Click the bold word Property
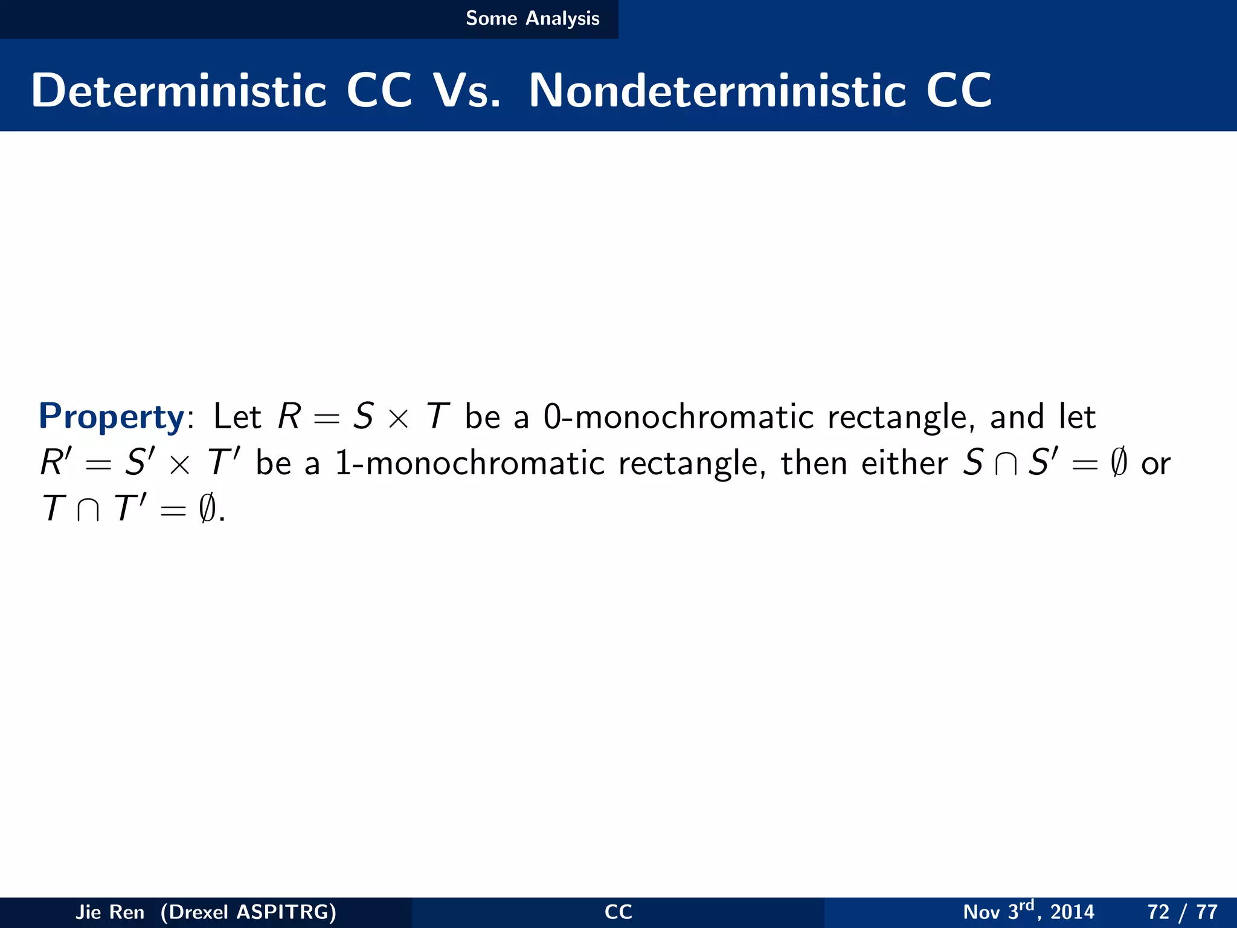(x=111, y=417)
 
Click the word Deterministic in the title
(x=179, y=91)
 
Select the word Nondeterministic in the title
(x=717, y=91)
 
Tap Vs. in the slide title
(x=467, y=91)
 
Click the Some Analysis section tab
(x=532, y=19)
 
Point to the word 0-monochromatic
(x=678, y=417)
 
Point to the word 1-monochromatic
(x=470, y=464)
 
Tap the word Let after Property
(x=237, y=417)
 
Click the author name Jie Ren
(x=110, y=912)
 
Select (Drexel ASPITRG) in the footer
(x=248, y=912)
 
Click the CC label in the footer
(x=618, y=912)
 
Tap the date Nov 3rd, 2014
(x=1028, y=911)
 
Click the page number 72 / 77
(x=1182, y=912)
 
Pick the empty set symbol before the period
(x=207, y=509)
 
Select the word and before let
(x=1017, y=417)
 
